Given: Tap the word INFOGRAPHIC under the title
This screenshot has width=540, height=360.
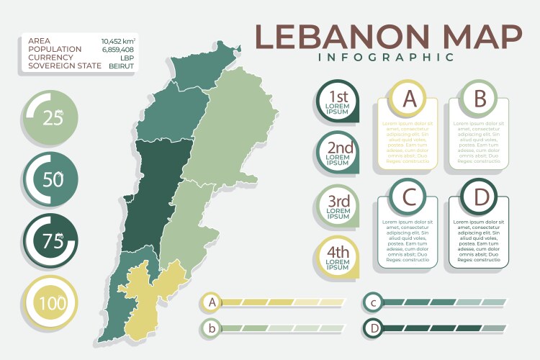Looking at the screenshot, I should (389, 57).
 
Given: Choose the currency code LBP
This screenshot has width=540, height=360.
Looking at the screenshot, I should (127, 58).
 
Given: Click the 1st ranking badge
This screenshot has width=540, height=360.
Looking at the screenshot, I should (338, 102).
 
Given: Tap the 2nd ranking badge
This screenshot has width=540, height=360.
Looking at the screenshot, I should (338, 153).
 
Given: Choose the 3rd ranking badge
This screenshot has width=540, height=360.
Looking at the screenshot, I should (338, 205).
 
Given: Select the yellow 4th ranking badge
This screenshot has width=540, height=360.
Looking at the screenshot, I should (338, 257).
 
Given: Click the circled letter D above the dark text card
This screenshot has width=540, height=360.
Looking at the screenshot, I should (480, 197).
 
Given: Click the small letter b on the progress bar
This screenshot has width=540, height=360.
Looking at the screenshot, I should (212, 328).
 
